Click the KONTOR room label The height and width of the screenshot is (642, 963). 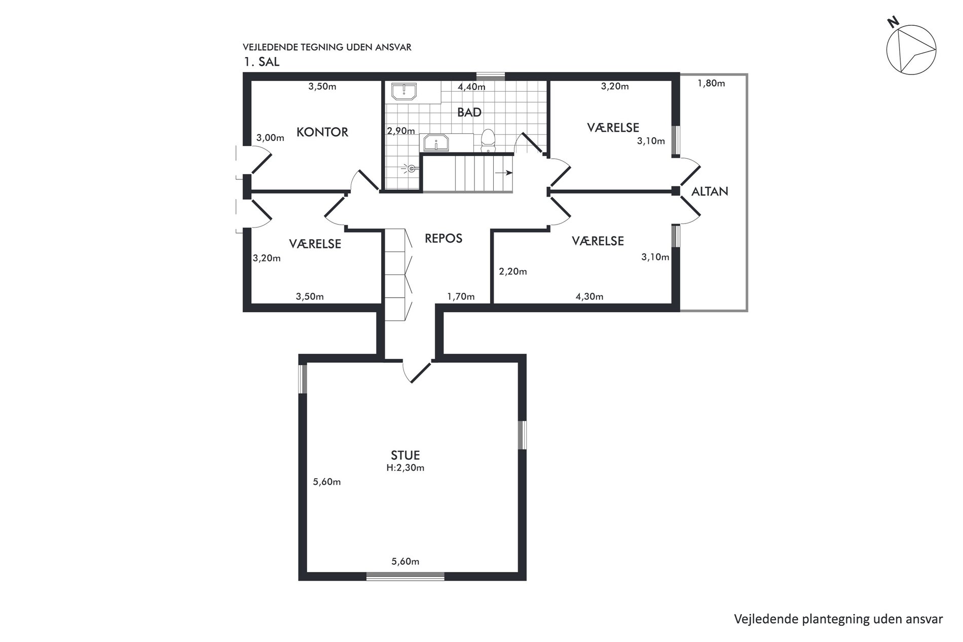coord(322,132)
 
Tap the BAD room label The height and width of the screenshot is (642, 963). coord(469,112)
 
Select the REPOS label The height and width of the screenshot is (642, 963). coord(443,238)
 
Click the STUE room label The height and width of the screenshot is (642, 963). coord(405,455)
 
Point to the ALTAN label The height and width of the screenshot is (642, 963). coord(710,191)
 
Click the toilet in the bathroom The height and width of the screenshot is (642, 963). coord(488,140)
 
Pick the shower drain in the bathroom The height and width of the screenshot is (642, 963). coord(412,168)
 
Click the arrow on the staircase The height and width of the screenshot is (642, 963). coord(503,173)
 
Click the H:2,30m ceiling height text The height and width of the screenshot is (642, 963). coord(405,468)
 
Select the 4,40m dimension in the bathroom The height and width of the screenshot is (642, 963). coord(471,87)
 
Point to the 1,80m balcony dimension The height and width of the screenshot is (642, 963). coord(711,83)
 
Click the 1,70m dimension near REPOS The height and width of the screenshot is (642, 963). coord(461,296)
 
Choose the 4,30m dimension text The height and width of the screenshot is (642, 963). coord(589,296)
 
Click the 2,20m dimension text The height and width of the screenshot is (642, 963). coord(513,272)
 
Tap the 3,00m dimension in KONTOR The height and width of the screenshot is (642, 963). coord(270,137)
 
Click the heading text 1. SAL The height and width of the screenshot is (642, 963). coord(261,62)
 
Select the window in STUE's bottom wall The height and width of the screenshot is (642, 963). coord(405,576)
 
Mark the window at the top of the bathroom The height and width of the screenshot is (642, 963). coord(491,77)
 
